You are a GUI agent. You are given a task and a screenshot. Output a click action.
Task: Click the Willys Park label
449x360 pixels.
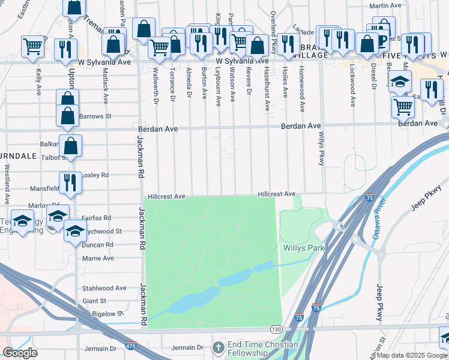pyautogui.click(x=303, y=247)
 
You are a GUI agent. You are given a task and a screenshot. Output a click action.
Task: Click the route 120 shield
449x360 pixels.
pyautogui.click(x=276, y=329)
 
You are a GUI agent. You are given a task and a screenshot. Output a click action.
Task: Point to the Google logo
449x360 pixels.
pyautogui.click(x=20, y=353)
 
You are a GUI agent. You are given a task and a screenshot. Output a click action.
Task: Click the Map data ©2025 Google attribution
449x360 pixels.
pyautogui.click(x=412, y=355)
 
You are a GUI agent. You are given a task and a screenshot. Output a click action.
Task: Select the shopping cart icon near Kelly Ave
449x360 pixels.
pyautogui.click(x=32, y=45)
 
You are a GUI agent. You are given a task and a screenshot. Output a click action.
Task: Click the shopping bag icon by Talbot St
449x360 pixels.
pyautogui.click(x=70, y=145)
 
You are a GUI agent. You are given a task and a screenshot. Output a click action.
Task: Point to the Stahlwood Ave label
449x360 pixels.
pyautogui.click(x=104, y=288)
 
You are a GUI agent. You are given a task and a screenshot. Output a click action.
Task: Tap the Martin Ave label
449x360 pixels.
pyautogui.click(x=385, y=6)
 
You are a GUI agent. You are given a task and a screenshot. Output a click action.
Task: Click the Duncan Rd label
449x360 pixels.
pyautogui.click(x=98, y=245)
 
